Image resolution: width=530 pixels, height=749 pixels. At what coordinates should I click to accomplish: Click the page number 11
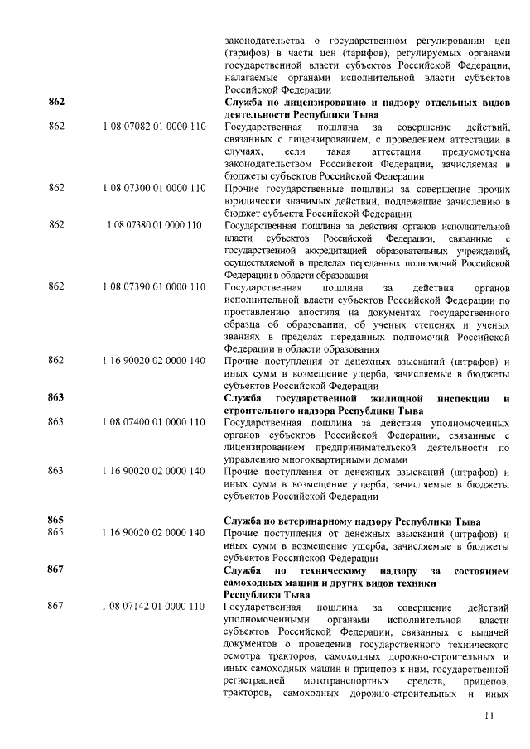[489, 716]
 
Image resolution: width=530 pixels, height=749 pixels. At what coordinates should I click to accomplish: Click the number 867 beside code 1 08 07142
[56, 607]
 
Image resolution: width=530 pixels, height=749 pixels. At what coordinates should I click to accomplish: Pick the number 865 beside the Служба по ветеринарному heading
[56, 521]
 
